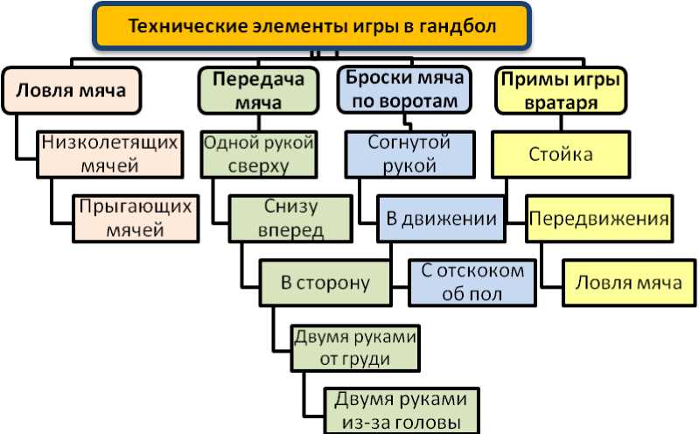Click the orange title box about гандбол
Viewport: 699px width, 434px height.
[x=312, y=26]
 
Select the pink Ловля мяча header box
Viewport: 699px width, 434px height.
[x=70, y=90]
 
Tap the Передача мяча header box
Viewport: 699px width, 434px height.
[x=259, y=90]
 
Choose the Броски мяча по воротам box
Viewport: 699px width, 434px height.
[x=402, y=90]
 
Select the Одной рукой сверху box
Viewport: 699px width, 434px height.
[x=258, y=153]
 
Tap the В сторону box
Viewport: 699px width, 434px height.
[x=325, y=283]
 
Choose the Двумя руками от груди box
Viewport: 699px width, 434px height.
[x=354, y=347]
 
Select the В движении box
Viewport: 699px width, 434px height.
[x=441, y=218]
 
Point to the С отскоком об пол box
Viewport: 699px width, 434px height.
[x=472, y=283]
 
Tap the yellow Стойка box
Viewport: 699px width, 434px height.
[x=561, y=155]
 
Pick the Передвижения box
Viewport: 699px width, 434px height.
[x=599, y=218]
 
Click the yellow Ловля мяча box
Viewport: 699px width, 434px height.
[x=628, y=283]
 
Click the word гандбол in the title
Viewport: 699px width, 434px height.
[x=457, y=26]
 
